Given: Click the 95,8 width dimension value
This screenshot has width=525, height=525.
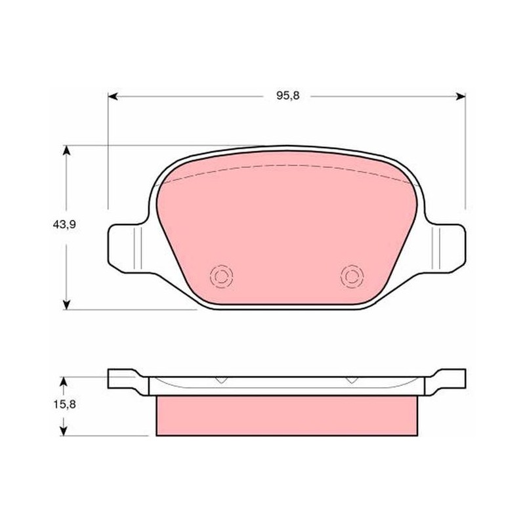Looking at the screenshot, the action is coord(287,96).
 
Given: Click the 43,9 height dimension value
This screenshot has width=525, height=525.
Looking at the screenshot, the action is coord(64,224).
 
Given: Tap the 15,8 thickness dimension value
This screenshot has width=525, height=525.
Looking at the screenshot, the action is coord(64,404).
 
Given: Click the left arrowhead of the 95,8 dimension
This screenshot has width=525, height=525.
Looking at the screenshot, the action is coord(112,96).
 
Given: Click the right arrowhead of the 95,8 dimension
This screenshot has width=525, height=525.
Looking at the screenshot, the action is coord(461,96).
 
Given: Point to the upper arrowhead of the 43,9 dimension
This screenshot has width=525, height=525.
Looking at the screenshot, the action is coord(67,150).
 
